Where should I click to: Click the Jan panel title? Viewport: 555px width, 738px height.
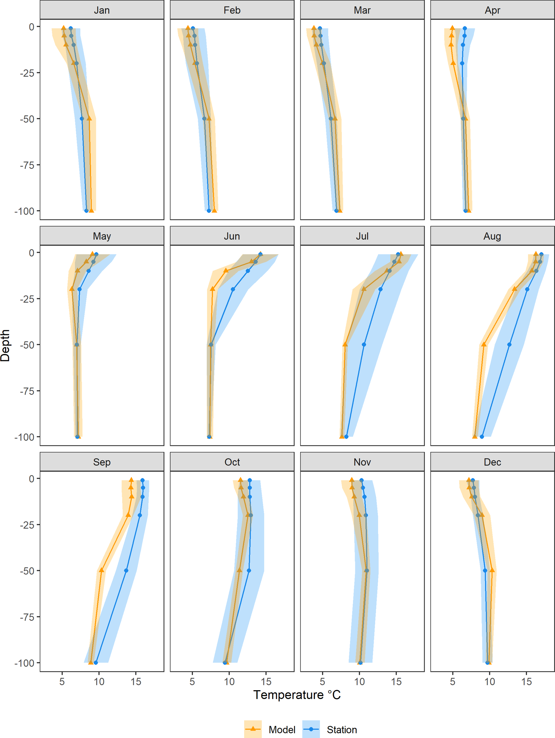(x=102, y=10)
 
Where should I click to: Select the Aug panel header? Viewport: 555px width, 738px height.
(x=492, y=236)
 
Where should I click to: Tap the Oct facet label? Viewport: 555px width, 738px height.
(x=232, y=462)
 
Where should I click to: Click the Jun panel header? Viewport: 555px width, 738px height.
(x=232, y=236)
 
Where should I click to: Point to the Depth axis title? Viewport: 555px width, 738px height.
(x=5, y=346)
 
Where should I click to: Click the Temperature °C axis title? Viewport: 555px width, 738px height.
(x=297, y=695)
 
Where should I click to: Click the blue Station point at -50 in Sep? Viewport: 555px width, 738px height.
(x=126, y=571)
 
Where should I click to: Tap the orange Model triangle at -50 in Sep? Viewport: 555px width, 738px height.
(x=102, y=570)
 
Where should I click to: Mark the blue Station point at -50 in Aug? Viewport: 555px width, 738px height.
(x=509, y=344)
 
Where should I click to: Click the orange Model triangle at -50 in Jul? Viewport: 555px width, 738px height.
(x=345, y=344)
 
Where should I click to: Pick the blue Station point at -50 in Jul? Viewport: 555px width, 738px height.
(x=364, y=344)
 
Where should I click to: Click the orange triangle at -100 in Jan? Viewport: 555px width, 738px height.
(x=91, y=210)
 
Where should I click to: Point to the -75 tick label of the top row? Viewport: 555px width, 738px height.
(x=27, y=165)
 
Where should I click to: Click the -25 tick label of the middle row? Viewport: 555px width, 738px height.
(x=27, y=299)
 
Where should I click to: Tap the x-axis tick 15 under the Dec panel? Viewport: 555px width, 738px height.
(x=526, y=682)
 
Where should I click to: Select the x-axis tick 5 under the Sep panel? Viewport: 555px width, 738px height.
(x=62, y=682)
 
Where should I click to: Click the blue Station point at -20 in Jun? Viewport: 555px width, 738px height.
(x=233, y=289)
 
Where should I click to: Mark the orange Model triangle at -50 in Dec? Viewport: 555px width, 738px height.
(x=492, y=570)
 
